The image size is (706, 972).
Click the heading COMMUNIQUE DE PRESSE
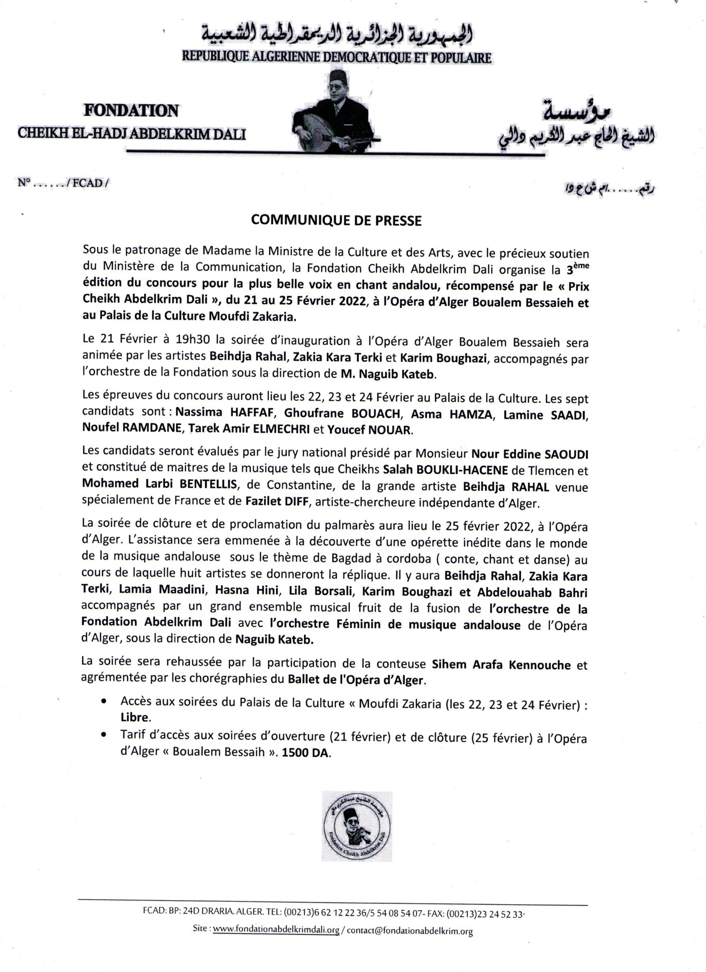coord(336,221)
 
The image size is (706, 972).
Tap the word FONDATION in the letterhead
coord(131,111)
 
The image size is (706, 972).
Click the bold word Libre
coord(135,718)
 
